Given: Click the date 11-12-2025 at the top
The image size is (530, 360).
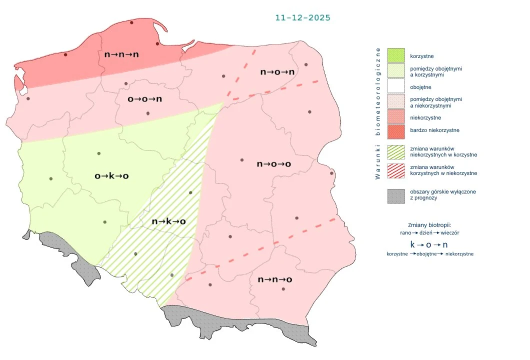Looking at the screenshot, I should (x=302, y=17).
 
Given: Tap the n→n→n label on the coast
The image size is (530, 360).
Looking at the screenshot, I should (x=121, y=54).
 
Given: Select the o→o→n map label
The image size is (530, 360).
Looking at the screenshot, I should (x=145, y=99).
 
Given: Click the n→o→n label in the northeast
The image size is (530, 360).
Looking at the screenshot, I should (x=277, y=72).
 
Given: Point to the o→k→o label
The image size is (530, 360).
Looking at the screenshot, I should (x=112, y=176).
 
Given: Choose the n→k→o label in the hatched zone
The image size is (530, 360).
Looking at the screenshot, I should (x=168, y=221).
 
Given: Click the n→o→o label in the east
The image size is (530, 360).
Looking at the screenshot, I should (x=274, y=164).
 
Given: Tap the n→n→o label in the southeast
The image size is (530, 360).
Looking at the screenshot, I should (x=275, y=279).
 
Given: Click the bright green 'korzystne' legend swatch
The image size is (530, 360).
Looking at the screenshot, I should (x=396, y=55).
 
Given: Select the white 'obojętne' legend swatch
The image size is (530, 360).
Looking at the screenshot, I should (x=396, y=86).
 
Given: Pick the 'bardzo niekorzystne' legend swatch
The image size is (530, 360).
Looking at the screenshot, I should (x=396, y=130).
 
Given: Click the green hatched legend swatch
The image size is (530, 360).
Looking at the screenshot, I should (x=396, y=151).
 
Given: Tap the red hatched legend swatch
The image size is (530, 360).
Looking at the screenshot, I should (x=396, y=169).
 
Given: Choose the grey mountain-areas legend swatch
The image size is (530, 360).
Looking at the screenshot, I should (x=396, y=195).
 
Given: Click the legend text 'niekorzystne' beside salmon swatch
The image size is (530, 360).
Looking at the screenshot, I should (x=425, y=117).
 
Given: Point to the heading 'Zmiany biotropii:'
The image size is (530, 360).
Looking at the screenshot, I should (x=429, y=224).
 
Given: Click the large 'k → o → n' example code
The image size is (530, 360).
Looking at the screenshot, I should (x=429, y=245).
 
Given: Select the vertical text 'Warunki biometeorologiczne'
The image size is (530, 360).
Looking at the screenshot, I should (x=378, y=113).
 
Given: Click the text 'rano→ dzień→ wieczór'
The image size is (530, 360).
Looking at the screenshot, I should (x=429, y=233).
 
